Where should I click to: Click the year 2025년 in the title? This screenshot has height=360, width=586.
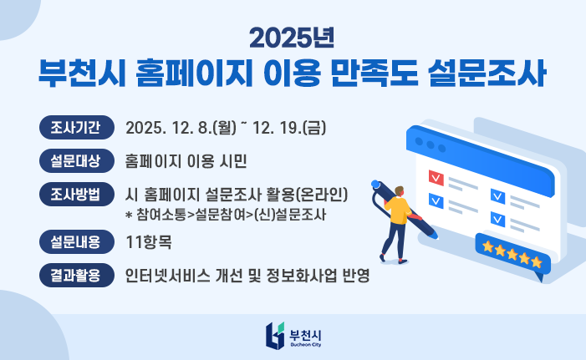[x=292, y=38]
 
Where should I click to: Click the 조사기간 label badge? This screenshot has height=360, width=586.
[x=76, y=128]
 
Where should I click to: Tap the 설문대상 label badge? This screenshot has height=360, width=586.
[x=76, y=160]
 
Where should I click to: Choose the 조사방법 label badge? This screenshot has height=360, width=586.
[x=76, y=195]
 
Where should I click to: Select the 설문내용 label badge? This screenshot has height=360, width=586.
[x=76, y=242]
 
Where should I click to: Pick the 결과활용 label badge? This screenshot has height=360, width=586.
[x=76, y=274]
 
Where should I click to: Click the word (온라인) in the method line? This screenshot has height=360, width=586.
[x=322, y=195]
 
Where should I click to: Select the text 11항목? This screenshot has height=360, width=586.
[x=150, y=243]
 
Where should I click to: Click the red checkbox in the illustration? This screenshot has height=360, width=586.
[x=435, y=177]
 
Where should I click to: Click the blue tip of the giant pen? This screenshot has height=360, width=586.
[x=376, y=185]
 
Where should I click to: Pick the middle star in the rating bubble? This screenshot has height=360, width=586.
[x=512, y=251]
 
